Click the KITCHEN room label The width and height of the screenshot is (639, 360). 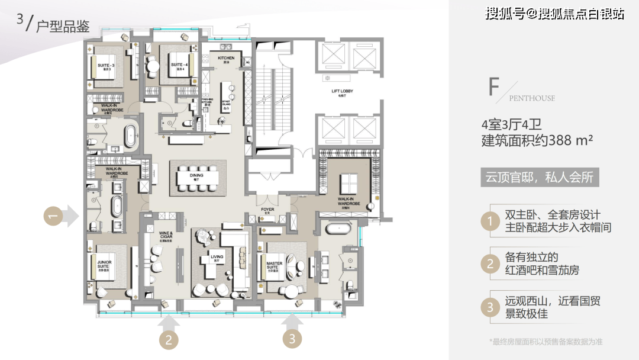click(226, 59)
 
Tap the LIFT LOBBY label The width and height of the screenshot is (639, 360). click(343, 91)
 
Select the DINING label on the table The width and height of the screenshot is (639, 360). click(196, 176)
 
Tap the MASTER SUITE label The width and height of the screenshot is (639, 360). click(274, 266)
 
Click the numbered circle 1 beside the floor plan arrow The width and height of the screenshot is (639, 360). click(52, 217)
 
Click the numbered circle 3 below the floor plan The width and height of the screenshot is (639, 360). click(292, 339)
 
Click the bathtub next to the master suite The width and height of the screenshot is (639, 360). click(340, 227)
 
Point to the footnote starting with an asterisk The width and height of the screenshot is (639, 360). click(546, 342)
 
